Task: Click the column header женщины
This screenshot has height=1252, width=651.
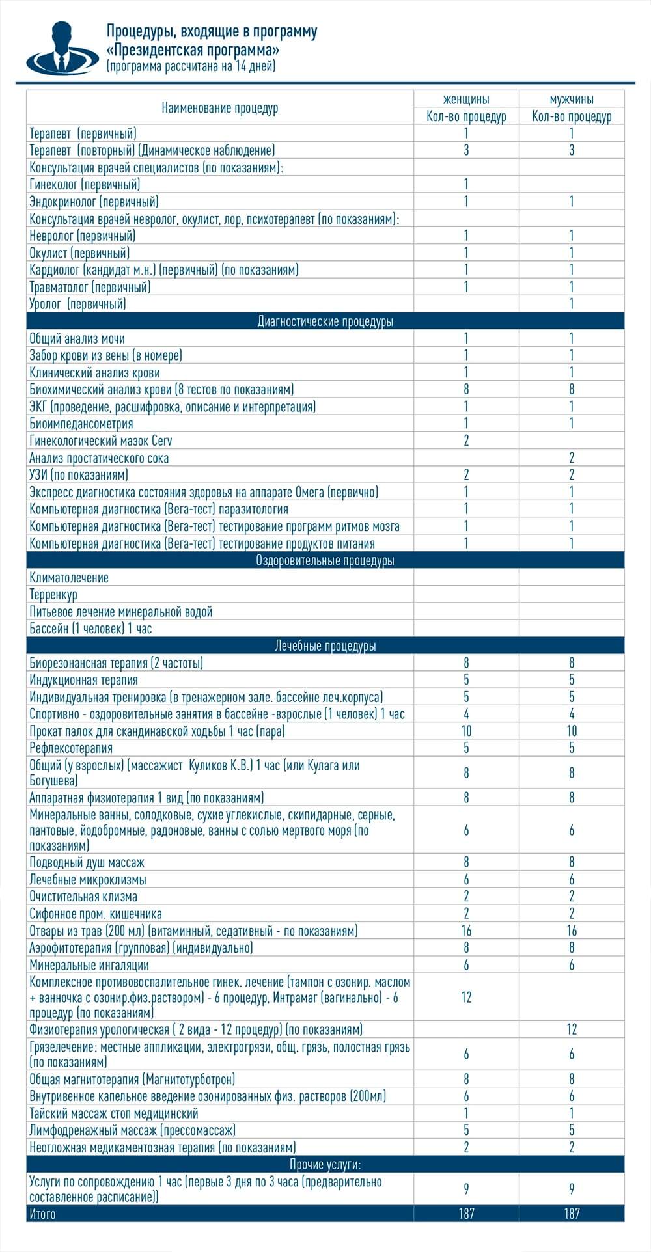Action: [x=466, y=100]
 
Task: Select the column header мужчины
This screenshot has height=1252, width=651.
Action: [x=572, y=100]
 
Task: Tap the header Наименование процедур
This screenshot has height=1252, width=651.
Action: [x=220, y=108]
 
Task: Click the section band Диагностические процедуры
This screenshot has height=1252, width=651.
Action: [x=325, y=321]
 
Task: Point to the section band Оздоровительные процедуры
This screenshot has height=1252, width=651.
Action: [x=325, y=560]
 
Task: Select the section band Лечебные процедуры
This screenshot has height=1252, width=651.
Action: [x=325, y=646]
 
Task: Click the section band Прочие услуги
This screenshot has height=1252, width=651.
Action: [x=325, y=1164]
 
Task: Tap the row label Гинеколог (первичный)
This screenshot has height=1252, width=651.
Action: [x=85, y=185]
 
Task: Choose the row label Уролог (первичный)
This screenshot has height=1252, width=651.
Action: [x=77, y=304]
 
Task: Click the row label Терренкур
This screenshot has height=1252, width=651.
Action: [x=53, y=595]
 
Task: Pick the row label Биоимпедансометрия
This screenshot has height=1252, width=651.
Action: [x=81, y=424]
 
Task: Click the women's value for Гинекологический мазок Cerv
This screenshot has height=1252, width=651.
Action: [x=466, y=441]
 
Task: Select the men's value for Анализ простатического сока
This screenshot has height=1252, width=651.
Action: [x=572, y=458]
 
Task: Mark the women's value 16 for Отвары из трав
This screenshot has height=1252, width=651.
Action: [x=466, y=931]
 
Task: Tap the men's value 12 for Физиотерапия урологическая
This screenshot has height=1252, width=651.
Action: [x=572, y=1029]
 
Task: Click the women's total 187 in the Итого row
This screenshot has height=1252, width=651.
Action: [x=466, y=1214]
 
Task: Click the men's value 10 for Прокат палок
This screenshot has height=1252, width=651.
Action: [x=572, y=731]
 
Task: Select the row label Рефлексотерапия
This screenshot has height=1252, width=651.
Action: [x=71, y=748]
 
